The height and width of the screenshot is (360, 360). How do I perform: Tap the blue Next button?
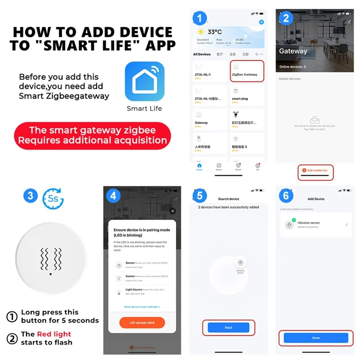point(228,328)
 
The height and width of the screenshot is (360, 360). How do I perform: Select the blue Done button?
point(315,337)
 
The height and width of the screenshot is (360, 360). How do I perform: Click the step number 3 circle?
point(30,196)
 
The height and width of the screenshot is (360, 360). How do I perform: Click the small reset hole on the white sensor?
point(51,273)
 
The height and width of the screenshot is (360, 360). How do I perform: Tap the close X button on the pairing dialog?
point(172,211)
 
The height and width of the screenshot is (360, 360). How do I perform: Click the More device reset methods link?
point(142,306)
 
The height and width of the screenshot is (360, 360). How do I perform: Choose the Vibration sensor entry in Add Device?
point(315,225)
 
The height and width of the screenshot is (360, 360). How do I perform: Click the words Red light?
point(54,334)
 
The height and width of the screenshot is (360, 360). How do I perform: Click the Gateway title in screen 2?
point(293,51)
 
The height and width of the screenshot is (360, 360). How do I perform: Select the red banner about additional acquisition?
point(93,135)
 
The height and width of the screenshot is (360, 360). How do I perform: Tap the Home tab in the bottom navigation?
point(199,166)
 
